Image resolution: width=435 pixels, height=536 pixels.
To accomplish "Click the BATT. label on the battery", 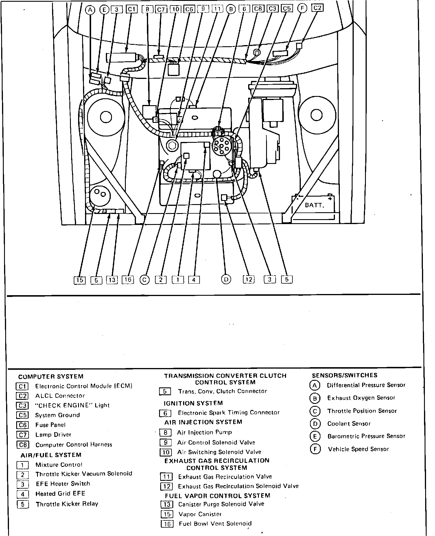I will pos(314,205).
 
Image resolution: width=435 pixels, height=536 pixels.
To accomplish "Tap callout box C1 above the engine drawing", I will pos(132,10).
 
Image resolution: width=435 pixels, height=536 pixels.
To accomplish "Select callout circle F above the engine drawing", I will pos(302,9).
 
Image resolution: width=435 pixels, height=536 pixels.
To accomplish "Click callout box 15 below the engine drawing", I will pos(80,280).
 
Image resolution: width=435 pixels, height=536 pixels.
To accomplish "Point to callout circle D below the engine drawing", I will pos(226,279).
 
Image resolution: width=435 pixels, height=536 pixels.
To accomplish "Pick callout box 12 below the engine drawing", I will pos(249,279).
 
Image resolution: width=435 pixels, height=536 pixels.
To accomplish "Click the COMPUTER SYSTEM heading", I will pos(51,376).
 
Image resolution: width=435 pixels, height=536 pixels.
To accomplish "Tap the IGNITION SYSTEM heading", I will pos(193,403).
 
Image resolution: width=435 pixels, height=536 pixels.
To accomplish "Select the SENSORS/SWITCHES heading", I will pos(344,375).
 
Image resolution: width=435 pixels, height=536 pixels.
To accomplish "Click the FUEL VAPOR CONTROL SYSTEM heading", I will pos(217,496).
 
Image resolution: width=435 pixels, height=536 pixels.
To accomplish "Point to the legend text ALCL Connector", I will pos(60,395).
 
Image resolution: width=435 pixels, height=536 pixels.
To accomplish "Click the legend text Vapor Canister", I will pos(200,514).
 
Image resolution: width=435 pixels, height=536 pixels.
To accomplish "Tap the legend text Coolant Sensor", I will pos(349,424).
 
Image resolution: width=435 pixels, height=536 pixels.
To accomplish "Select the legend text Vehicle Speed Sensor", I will pos(358,449).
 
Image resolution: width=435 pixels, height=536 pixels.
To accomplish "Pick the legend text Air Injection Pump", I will pos(204,432).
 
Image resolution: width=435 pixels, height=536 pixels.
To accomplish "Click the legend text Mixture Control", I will pos(59,465).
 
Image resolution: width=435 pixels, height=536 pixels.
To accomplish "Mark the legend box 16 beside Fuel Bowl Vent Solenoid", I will pos(167,524).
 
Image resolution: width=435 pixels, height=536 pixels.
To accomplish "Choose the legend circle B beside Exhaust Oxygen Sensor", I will pos(315,398).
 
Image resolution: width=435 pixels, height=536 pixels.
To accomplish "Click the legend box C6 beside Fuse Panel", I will pos(23,425).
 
